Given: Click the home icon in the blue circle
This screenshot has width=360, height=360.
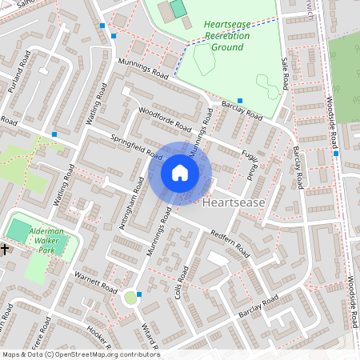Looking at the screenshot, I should pyautogui.click(x=180, y=173).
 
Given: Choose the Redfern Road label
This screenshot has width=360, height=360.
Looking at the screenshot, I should pyautogui.click(x=230, y=245).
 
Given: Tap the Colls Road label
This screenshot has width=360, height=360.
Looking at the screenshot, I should pyautogui.click(x=179, y=284).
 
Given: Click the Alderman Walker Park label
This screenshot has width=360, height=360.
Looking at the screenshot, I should pyautogui.click(x=50, y=239).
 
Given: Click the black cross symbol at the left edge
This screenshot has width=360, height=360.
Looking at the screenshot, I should pyautogui.click(x=4, y=250).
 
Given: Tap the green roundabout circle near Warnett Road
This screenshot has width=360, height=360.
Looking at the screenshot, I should pyautogui.click(x=130, y=298).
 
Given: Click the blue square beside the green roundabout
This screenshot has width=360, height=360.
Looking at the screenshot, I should pyautogui.click(x=140, y=294).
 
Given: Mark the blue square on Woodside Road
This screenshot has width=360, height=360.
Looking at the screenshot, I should pyautogui.click(x=336, y=154).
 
